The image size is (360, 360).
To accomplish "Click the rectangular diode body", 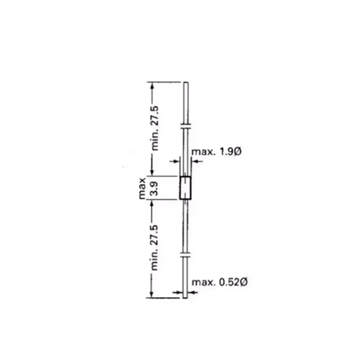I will (x=185, y=188).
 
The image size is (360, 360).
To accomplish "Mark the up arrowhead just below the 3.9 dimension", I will (x=153, y=203).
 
